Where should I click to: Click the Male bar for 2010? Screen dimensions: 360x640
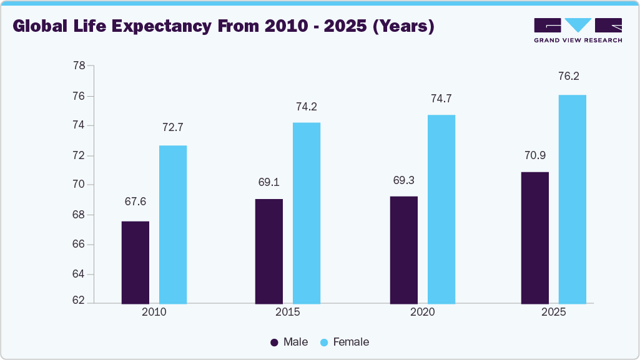(x=135, y=262)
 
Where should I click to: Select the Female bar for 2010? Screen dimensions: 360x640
(x=173, y=225)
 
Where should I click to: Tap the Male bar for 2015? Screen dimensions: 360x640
(x=269, y=251)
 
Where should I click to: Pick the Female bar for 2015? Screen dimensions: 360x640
(x=307, y=213)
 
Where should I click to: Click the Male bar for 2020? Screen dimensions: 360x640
(x=404, y=250)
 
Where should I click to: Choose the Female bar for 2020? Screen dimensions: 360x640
(x=441, y=209)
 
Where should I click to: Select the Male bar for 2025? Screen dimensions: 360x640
(x=535, y=238)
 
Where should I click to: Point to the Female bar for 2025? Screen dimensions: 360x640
(x=573, y=199)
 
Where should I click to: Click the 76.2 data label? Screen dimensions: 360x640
(x=573, y=77)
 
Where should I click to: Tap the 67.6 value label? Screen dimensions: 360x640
(x=135, y=202)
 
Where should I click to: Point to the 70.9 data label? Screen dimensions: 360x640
(x=535, y=155)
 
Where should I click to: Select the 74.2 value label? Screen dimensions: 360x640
(x=307, y=107)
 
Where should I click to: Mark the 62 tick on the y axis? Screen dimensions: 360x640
(x=79, y=301)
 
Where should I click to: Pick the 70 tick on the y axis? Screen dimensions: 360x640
(x=79, y=185)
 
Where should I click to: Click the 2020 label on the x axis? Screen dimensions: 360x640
(x=423, y=312)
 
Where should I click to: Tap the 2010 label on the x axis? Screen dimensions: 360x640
(x=154, y=312)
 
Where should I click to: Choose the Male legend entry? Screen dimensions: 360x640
(x=289, y=342)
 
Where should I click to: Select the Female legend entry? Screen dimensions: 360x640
(x=344, y=342)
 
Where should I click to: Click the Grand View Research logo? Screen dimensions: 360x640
(x=578, y=29)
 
